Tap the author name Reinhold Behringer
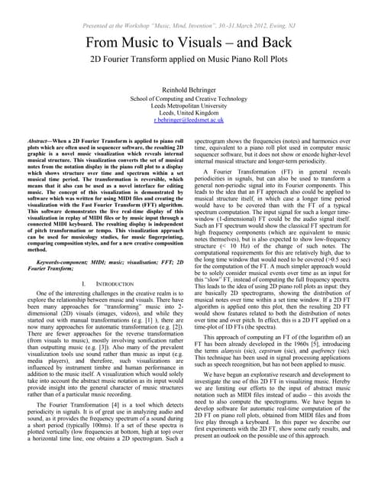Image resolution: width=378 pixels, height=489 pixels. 189,89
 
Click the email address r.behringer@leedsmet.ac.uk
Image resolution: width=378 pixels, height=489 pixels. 189,121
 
